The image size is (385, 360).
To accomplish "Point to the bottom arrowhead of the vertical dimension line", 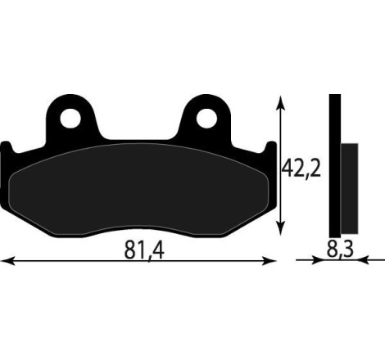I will (x=283, y=230).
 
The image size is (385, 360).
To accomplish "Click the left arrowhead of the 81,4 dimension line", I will (x=7, y=261).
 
